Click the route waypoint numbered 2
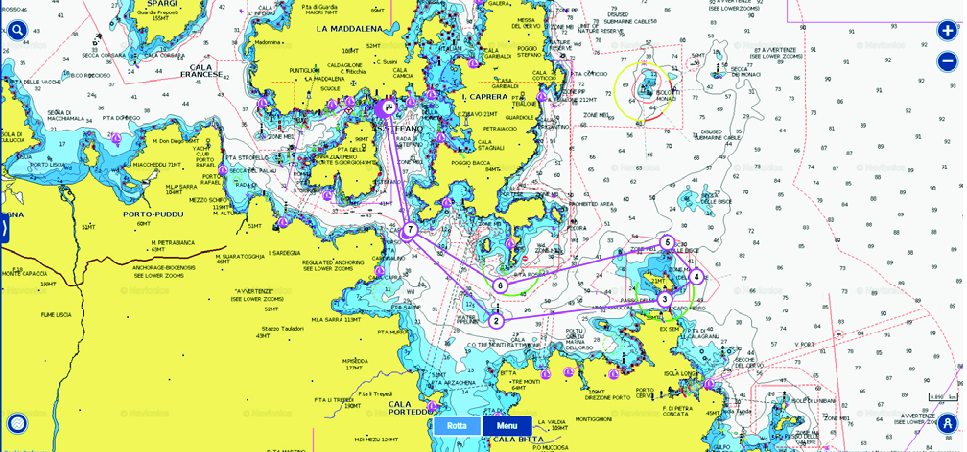(496, 321)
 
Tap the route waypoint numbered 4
(696, 277)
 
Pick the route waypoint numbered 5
(667, 242)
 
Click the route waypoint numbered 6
(500, 286)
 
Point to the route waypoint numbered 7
(410, 230)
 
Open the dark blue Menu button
(507, 426)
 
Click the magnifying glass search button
(17, 30)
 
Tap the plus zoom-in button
(947, 31)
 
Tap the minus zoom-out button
(947, 62)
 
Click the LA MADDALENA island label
(349, 29)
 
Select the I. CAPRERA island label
(484, 96)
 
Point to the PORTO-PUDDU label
(153, 214)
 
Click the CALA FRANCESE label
(201, 71)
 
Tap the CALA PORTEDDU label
(407, 408)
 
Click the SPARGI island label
(162, 4)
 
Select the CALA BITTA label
(518, 439)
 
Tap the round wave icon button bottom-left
(17, 424)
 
